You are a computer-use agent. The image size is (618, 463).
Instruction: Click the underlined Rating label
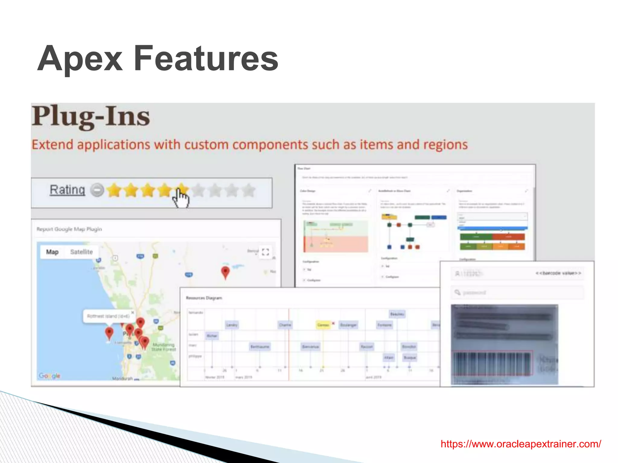point(67,190)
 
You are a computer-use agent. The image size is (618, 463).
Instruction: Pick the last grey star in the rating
point(249,190)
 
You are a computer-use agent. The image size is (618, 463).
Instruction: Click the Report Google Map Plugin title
point(69,229)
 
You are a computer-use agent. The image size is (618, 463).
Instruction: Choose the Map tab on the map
point(52,252)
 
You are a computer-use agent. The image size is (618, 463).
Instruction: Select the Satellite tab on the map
point(81,252)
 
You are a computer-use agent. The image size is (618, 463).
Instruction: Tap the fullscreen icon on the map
point(265,252)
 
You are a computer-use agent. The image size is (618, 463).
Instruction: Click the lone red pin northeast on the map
point(225,272)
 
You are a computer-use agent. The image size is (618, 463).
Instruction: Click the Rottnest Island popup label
point(108,316)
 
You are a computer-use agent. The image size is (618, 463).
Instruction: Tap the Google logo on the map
point(49,376)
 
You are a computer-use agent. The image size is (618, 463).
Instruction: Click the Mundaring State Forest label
point(164,347)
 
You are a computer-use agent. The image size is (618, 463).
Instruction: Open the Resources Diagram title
point(204,298)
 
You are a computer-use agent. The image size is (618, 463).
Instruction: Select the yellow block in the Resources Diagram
point(323,325)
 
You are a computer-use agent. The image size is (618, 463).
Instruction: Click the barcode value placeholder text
point(558,273)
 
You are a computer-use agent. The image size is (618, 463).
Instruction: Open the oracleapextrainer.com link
point(521,444)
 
